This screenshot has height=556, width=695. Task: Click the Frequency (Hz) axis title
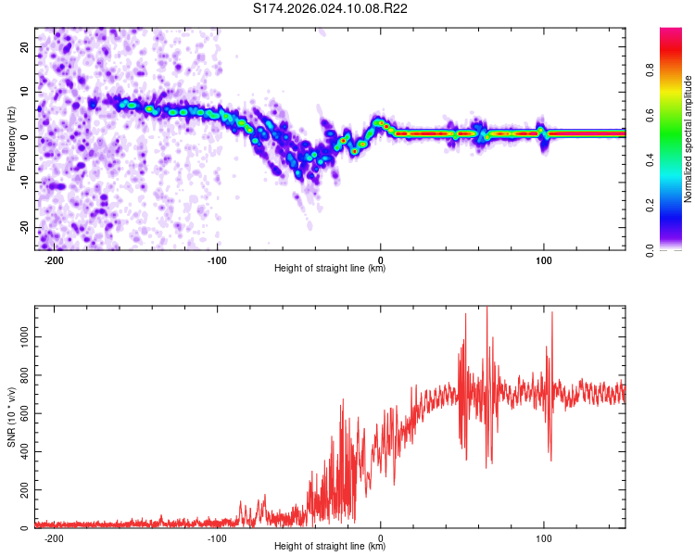click(x=11, y=138)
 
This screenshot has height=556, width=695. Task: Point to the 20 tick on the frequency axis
click(x=25, y=46)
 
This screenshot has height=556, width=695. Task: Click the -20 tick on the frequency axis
click(x=23, y=228)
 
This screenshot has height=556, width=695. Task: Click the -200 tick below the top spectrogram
click(x=54, y=259)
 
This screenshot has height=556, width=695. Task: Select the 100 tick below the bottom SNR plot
click(x=544, y=537)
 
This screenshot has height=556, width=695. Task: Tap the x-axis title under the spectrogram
click(x=330, y=269)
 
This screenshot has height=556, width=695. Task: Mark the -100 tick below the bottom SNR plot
click(x=217, y=537)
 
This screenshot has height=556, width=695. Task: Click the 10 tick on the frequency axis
click(x=25, y=92)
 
